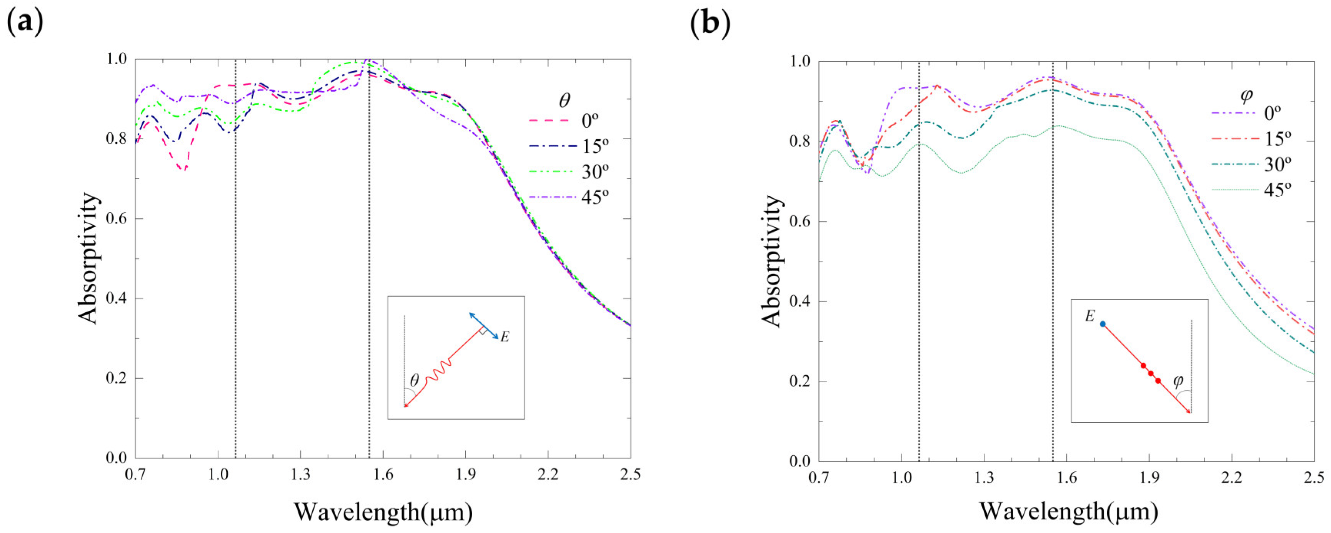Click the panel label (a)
point(24,23)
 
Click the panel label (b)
point(710,23)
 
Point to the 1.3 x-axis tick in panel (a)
point(300,474)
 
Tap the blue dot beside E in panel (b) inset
point(1102,324)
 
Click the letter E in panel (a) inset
point(505,337)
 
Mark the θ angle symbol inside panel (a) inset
point(414,381)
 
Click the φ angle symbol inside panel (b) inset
point(1178,381)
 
